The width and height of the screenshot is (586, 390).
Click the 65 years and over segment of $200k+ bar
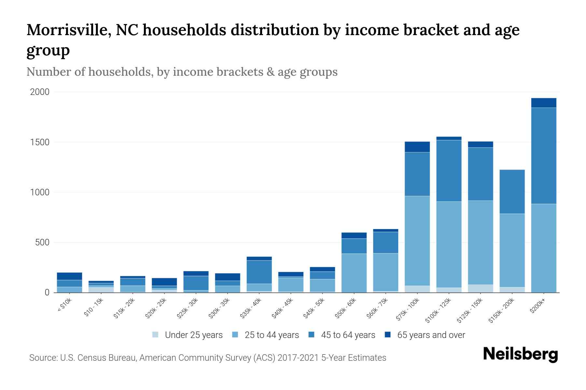(x=543, y=103)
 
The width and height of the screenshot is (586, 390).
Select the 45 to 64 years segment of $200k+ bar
(x=543, y=156)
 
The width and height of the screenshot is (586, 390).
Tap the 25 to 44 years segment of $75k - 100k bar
(x=417, y=240)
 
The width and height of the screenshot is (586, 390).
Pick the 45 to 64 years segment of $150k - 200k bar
(x=512, y=191)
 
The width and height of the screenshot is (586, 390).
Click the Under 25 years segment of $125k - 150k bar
(x=480, y=289)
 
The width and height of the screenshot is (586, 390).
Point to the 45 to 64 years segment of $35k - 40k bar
(x=259, y=272)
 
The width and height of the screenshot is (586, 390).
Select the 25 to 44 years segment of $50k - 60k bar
(x=354, y=273)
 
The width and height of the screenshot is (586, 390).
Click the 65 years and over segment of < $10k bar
(x=69, y=276)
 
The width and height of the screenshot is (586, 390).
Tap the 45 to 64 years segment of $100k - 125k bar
(x=449, y=171)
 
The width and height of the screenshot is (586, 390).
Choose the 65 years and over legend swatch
(x=387, y=335)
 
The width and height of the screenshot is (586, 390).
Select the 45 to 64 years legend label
(x=348, y=335)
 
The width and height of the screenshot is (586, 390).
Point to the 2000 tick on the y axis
(x=40, y=92)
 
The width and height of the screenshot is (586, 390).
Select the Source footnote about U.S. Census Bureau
(x=208, y=358)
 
